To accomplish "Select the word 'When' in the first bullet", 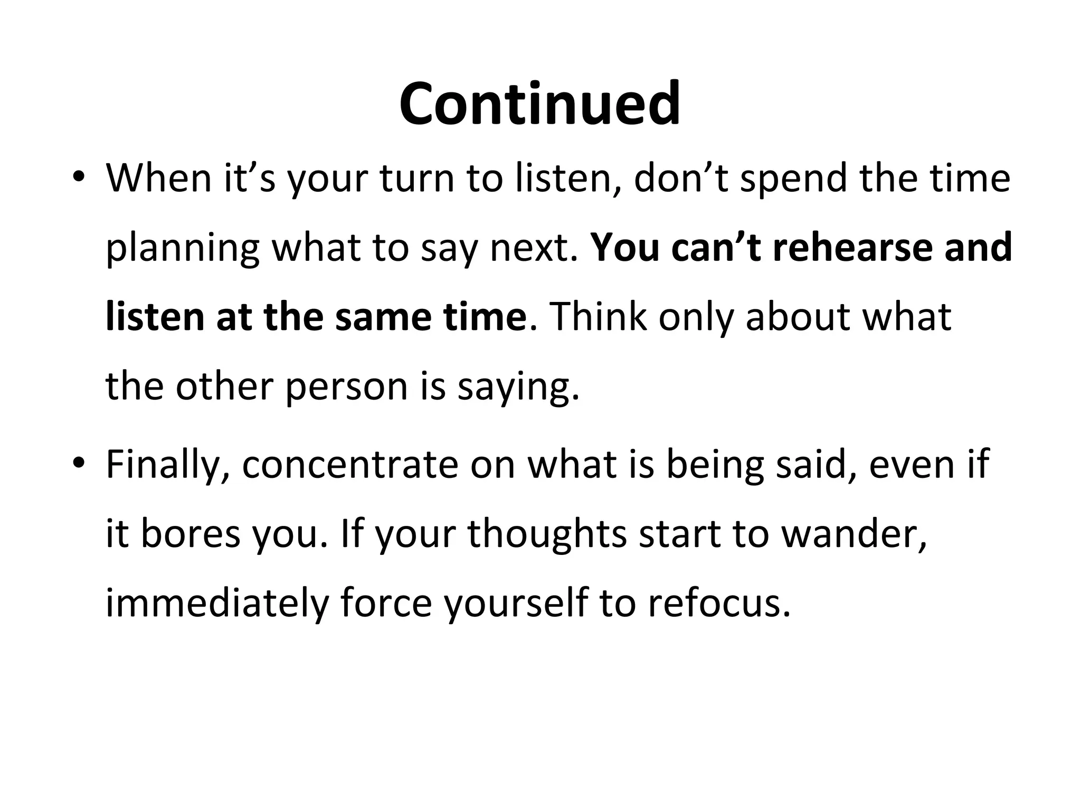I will click(x=158, y=178).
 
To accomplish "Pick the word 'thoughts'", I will click(x=547, y=534).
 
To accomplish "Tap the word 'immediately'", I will click(x=217, y=603).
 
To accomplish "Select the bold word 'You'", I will click(x=625, y=248).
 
